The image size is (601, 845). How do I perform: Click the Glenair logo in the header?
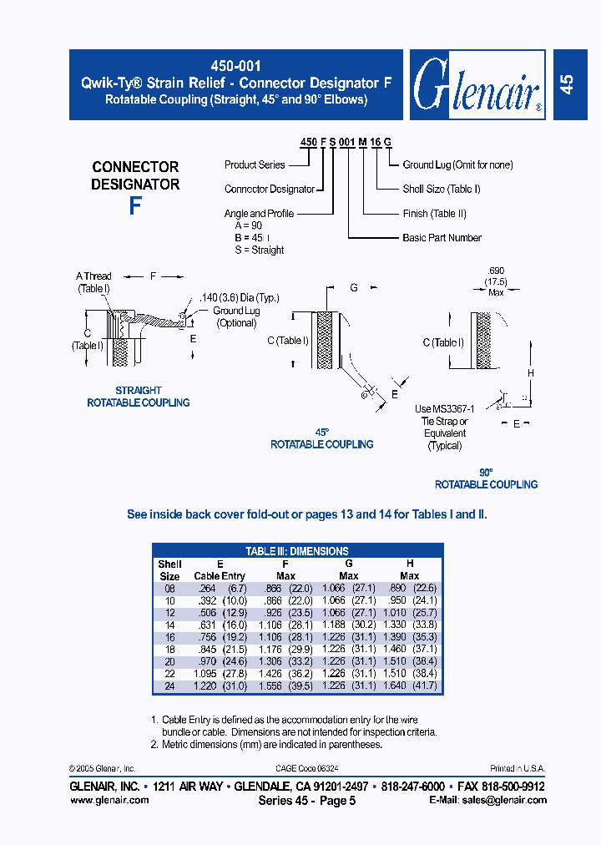477,84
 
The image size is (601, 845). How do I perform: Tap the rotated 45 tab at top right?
566,84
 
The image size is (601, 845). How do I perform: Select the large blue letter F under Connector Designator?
135,206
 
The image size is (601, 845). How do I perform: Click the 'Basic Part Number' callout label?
442,238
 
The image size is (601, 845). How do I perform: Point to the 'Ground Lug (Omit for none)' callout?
457,165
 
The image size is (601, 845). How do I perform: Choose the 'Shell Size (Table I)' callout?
442,190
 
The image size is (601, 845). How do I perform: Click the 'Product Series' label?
255,165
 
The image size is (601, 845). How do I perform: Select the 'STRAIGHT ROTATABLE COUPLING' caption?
139,397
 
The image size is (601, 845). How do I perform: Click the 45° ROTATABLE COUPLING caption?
321,438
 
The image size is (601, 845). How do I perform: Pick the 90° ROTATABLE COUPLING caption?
486,478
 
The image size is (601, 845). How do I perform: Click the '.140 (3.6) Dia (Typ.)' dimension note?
240,298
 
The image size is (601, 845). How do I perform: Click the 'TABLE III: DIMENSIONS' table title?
297,551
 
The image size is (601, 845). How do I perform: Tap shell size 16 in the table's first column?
169,637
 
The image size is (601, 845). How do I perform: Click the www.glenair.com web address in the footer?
109,800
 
